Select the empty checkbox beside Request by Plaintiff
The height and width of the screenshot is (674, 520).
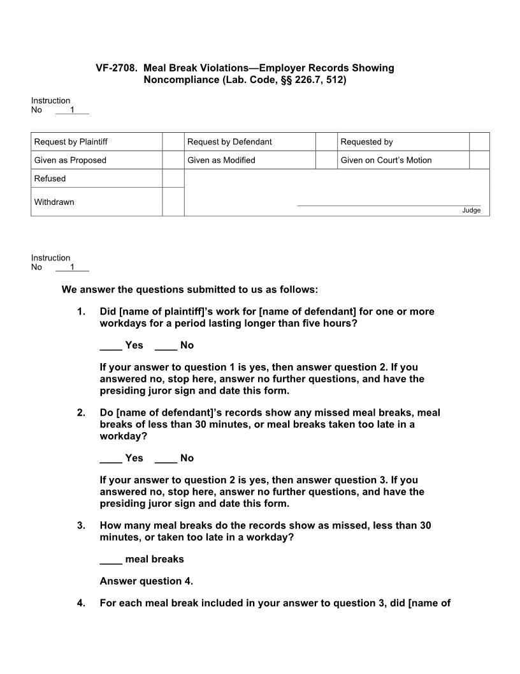click(x=173, y=142)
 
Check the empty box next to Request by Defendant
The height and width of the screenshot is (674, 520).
click(x=326, y=142)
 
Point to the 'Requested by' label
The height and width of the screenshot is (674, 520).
click(x=366, y=142)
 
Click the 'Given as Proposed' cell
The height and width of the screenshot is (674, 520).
click(x=70, y=160)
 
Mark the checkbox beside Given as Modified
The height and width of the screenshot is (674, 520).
click(x=326, y=160)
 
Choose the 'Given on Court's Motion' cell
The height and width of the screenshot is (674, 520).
click(x=386, y=160)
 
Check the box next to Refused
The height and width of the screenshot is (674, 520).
click(x=173, y=179)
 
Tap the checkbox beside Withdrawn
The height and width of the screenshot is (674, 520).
click(x=173, y=202)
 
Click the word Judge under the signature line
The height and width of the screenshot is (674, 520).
click(x=472, y=211)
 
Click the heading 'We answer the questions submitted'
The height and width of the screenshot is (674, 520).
click(x=189, y=290)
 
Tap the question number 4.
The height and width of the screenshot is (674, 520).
click(x=81, y=603)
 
